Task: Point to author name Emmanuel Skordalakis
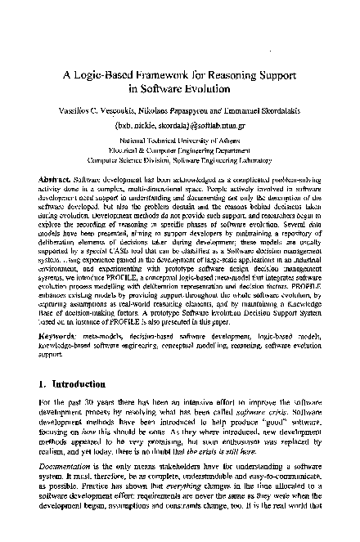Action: click(x=260, y=110)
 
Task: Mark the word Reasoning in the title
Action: click(x=245, y=71)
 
